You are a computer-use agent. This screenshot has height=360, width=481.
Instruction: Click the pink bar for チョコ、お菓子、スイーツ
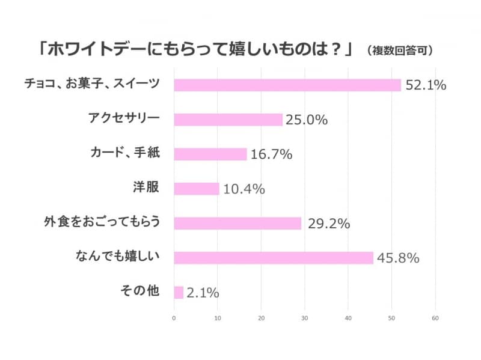287,85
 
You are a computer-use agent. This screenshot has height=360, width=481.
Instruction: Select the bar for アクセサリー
228,120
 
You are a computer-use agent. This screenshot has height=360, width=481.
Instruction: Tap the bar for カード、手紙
210,154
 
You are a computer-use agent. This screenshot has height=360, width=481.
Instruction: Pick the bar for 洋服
197,189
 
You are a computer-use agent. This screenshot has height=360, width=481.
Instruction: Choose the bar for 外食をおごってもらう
237,224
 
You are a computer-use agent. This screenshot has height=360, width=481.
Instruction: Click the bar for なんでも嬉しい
274,258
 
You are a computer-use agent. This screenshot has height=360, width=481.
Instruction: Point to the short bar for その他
179,293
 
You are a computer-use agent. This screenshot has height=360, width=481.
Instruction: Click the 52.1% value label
425,85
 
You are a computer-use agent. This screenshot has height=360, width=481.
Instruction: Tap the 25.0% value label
306,120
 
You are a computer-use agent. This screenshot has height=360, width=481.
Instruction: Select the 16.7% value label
271,154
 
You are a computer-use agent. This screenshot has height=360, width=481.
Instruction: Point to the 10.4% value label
244,189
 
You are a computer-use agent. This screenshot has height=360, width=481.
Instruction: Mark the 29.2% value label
328,224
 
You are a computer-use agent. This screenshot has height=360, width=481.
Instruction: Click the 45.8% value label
397,258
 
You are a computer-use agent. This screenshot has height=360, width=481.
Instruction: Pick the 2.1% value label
202,293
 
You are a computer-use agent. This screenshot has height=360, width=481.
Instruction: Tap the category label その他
139,291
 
